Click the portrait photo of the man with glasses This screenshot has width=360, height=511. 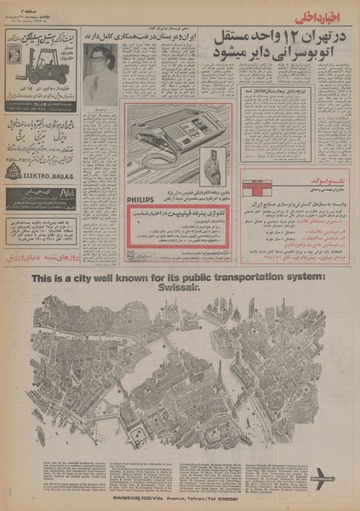[99, 72]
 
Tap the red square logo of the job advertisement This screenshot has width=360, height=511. [253, 181]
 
